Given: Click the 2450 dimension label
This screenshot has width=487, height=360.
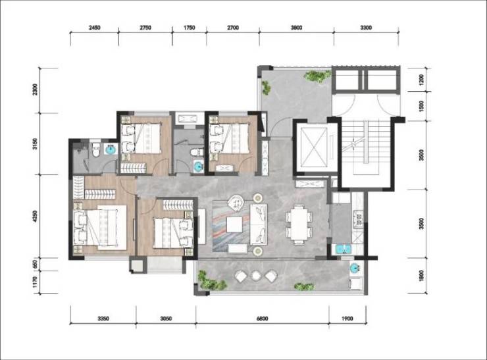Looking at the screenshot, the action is tap(94, 28).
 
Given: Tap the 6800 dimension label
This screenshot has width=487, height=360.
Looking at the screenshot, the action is tap(262, 319).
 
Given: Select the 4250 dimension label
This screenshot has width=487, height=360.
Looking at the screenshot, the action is tap(35, 216).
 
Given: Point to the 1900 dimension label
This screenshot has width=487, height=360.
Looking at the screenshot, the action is tap(347, 319).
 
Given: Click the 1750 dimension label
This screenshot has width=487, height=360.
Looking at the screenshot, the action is tap(189, 28).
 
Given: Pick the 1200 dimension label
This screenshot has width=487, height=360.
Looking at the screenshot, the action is tap(421, 80).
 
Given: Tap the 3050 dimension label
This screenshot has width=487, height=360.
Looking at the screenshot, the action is tap(166, 319).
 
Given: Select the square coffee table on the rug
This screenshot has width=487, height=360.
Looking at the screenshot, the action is tap(234, 224).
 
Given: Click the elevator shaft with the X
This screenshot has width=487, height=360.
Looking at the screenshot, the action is tap(314, 147).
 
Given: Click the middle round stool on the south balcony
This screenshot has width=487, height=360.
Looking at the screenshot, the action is tap(256, 275).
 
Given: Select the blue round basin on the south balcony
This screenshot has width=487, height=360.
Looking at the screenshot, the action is tap(354, 267).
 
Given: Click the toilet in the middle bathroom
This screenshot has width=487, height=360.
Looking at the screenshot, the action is tap(196, 153).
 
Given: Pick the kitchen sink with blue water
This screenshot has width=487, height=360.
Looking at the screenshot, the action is tap(343, 249).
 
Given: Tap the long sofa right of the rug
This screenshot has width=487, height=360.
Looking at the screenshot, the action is tap(259, 224).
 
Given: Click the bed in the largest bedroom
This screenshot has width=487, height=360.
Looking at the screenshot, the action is tap(99, 227).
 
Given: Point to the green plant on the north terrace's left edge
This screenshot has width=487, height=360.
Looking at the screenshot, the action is tap(266, 88).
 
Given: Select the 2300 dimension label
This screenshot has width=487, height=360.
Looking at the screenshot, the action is tap(35, 90).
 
